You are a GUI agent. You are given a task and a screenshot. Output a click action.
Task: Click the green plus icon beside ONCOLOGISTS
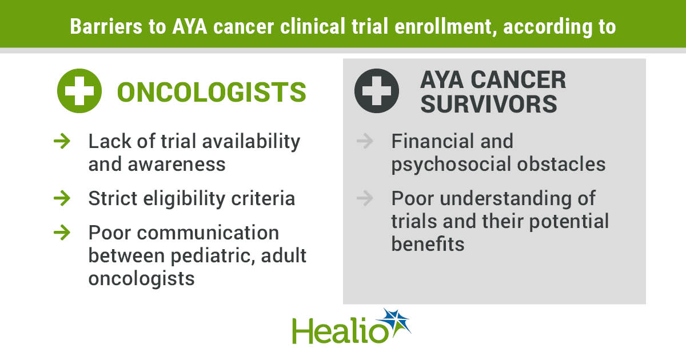[x=79, y=91]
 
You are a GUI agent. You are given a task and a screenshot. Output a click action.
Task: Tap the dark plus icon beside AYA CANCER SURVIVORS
[x=377, y=91]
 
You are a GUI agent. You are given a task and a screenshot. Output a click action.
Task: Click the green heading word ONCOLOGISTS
[x=212, y=92]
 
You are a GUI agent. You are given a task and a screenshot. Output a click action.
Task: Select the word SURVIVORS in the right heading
[x=489, y=104]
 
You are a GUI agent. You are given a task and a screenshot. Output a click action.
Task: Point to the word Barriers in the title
[x=106, y=26]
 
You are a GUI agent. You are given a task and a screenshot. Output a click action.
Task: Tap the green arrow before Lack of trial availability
[x=62, y=141]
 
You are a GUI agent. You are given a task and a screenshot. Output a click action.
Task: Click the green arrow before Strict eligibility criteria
[x=62, y=198]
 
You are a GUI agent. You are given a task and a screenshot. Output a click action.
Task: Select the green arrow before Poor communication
[x=62, y=233]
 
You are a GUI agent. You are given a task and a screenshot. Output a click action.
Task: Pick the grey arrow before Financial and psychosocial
[x=365, y=141]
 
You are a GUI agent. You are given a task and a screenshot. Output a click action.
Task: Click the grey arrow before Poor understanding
[x=365, y=198]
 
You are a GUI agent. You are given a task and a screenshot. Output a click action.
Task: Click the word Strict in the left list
[x=113, y=198]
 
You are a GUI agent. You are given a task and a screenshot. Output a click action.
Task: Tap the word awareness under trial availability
[x=177, y=165]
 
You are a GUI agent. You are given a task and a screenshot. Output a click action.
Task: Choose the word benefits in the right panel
[x=428, y=244]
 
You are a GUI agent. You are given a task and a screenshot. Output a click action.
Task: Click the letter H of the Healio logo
[x=304, y=331]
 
